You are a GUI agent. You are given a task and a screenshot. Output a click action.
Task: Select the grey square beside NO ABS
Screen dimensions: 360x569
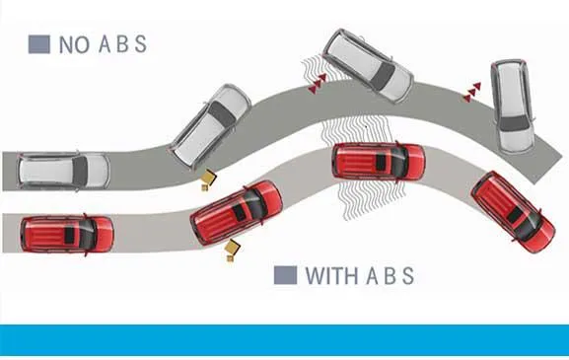(39, 44)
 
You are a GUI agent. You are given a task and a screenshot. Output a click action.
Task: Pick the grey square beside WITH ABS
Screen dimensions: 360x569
(285, 276)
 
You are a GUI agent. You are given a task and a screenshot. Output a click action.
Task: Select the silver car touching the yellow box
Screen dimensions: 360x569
(212, 124)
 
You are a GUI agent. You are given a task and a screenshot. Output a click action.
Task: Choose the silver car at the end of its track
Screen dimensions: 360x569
(511, 106)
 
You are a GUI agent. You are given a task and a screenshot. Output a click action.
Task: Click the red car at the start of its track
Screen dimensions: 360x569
(67, 233)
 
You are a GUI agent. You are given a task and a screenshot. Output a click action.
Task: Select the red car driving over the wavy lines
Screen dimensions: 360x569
(379, 161)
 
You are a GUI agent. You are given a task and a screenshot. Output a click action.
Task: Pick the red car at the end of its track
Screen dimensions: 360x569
(512, 211)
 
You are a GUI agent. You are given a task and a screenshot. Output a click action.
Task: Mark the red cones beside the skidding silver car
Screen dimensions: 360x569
(314, 87)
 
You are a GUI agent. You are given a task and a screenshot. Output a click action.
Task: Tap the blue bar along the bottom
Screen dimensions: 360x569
(284, 340)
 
